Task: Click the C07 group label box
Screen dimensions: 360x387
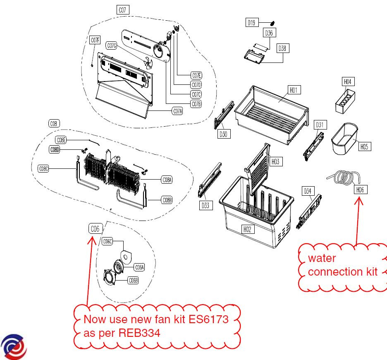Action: tap(122, 10)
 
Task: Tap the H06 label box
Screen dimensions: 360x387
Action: tap(360, 190)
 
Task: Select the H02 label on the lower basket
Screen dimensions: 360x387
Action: tap(247, 229)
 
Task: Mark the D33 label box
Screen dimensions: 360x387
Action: tap(205, 205)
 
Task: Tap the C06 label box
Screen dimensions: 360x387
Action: tap(95, 228)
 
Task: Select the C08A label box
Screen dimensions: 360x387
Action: tap(167, 180)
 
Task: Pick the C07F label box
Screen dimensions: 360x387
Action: tap(95, 40)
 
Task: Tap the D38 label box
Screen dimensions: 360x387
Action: tap(282, 48)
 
